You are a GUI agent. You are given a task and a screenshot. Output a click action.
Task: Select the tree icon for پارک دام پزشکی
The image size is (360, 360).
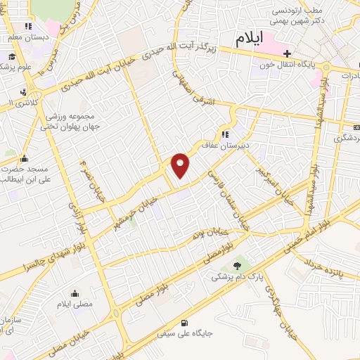(x=236, y=265)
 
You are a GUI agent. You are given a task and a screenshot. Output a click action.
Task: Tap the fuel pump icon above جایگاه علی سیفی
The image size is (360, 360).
(x=184, y=323)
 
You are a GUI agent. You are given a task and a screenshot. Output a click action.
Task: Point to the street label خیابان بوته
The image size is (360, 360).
(x=211, y=233)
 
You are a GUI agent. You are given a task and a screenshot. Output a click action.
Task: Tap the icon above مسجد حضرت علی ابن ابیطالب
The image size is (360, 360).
(x=25, y=158)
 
